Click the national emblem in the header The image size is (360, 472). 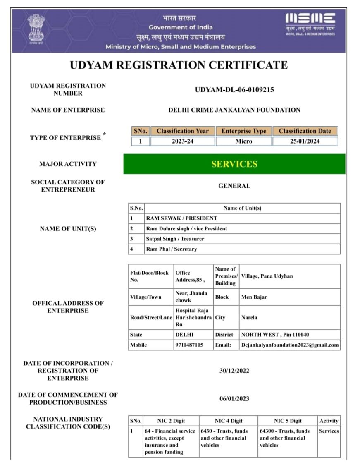pyautogui.click(x=36, y=29)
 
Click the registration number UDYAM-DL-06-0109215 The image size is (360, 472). pyautogui.click(x=234, y=90)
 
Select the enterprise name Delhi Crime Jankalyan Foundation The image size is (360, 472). pyautogui.click(x=234, y=110)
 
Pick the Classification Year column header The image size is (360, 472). pyautogui.click(x=182, y=131)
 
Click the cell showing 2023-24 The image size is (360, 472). pyautogui.click(x=182, y=141)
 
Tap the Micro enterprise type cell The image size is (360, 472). pyautogui.click(x=243, y=141)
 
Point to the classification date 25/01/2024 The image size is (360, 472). pyautogui.click(x=305, y=141)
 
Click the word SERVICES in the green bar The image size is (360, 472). pyautogui.click(x=234, y=164)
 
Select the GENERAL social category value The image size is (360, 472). pyautogui.click(x=234, y=186)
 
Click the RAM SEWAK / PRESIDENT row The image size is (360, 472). pyautogui.click(x=181, y=218)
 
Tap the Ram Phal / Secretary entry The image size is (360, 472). pyautogui.click(x=172, y=249)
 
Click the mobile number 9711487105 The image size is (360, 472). pyautogui.click(x=189, y=345)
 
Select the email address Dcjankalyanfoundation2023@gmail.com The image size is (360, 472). pyautogui.click(x=290, y=345)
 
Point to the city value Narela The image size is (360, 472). pyautogui.click(x=249, y=318)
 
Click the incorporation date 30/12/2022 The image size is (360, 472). pyautogui.click(x=234, y=371)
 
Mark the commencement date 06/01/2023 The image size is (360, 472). pyautogui.click(x=234, y=399)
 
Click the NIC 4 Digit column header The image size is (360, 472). pyautogui.click(x=228, y=421)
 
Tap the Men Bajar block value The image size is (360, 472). pyautogui.click(x=254, y=297)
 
